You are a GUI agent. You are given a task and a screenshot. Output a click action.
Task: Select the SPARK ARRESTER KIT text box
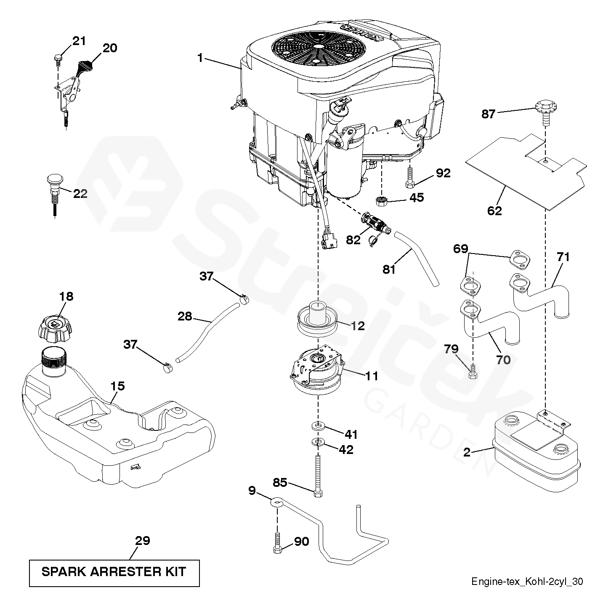tap(114, 572)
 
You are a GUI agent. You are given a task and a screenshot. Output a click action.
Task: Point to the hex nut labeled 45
tap(382, 200)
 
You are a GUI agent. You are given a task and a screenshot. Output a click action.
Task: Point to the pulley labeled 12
tap(319, 319)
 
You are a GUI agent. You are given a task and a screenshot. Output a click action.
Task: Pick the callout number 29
tap(143, 540)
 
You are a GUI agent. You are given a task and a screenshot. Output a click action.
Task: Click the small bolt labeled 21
tap(58, 59)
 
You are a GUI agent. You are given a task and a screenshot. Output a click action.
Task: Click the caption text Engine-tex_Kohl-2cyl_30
tap(527, 582)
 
